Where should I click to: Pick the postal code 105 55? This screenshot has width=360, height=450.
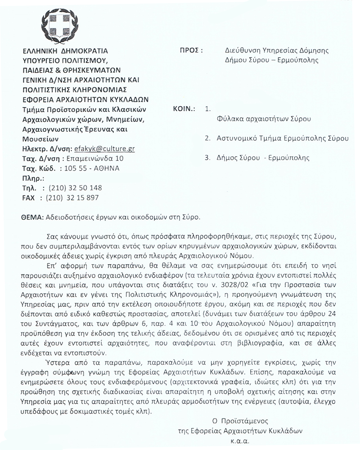pos(74,168)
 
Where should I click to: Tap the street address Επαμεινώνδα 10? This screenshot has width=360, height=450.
pos(95,158)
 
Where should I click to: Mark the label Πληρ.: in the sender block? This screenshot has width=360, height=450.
pos(32,178)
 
